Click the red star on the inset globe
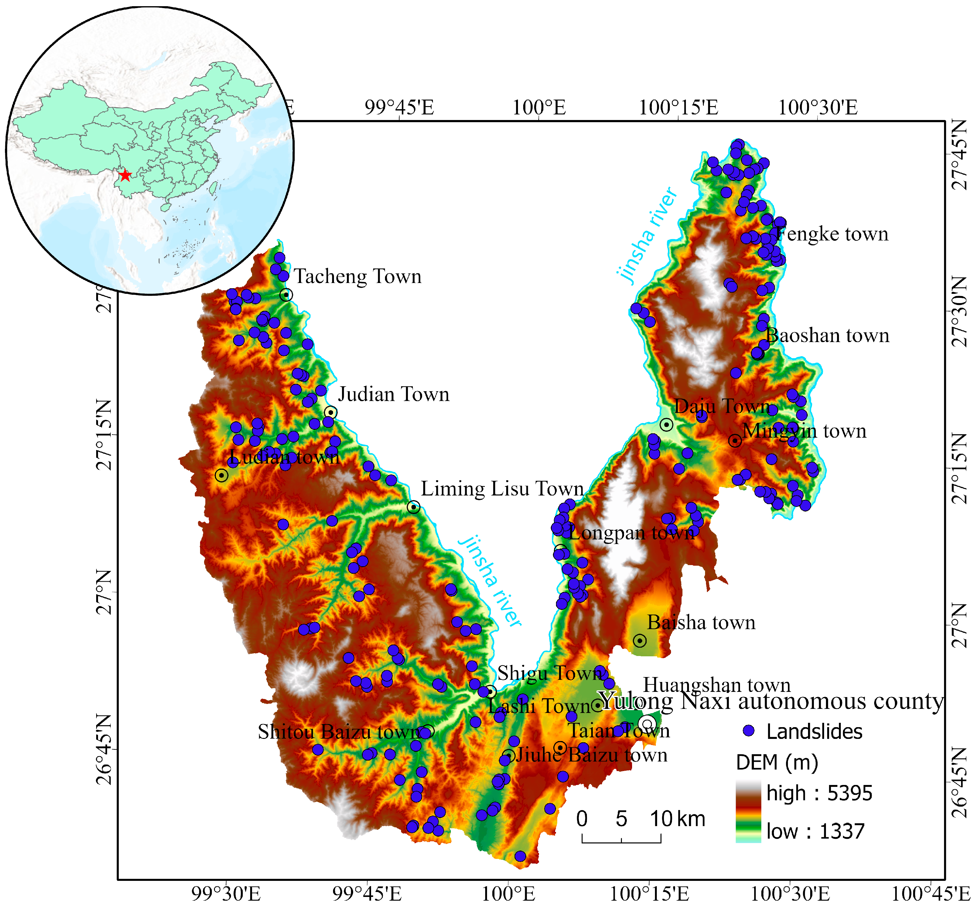(126, 175)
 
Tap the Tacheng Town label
(357, 277)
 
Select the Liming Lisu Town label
(502, 489)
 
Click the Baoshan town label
(827, 336)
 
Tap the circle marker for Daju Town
(666, 424)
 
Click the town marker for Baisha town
(639, 641)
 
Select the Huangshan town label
(716, 685)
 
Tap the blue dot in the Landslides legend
(748, 731)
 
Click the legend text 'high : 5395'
(819, 793)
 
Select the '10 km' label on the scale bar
(677, 819)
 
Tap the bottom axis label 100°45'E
(930, 894)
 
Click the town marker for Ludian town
(222, 475)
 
